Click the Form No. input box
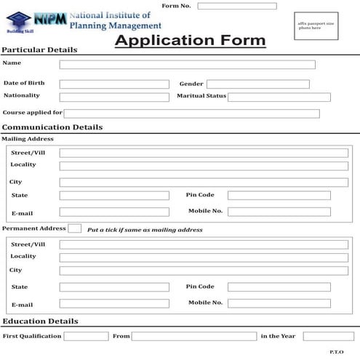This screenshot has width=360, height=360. click(x=236, y=7)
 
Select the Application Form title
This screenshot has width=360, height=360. click(x=190, y=41)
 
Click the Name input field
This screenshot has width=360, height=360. click(x=187, y=65)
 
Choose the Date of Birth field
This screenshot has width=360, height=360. click(x=113, y=84)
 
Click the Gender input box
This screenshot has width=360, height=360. click(x=257, y=84)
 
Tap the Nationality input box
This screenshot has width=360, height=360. click(x=113, y=97)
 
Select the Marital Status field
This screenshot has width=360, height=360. click(x=279, y=97)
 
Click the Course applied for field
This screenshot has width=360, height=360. click(x=191, y=113)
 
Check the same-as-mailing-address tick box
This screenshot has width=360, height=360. click(x=74, y=228)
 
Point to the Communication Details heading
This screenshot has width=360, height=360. click(x=52, y=127)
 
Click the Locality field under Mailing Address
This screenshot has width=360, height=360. click(x=203, y=166)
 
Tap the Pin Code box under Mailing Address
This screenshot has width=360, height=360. click(x=279, y=195)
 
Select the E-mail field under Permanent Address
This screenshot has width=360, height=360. click(x=113, y=304)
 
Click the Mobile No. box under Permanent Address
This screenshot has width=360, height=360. click(x=279, y=303)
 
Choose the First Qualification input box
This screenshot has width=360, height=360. click(x=86, y=336)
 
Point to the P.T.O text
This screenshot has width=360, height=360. click(x=336, y=352)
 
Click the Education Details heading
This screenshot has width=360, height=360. click(x=40, y=321)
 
